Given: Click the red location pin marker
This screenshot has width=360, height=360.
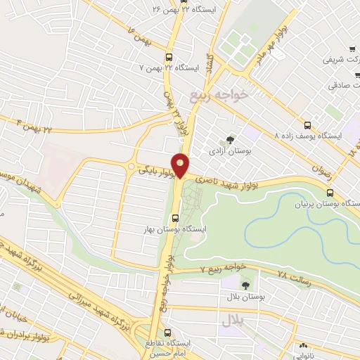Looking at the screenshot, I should pyautogui.click(x=181, y=165).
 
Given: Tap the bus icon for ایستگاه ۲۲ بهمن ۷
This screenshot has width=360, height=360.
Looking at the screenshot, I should pyautogui.click(x=168, y=58).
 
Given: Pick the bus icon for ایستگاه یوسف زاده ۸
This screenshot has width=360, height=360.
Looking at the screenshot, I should pyautogui.click(x=306, y=123).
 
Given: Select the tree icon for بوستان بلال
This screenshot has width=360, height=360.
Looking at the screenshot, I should pyautogui.click(x=245, y=285).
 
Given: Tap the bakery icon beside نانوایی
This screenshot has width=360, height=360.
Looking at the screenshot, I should pyautogui.click(x=304, y=347).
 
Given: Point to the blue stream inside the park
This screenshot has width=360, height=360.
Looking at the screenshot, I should pyautogui.click(x=302, y=211).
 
